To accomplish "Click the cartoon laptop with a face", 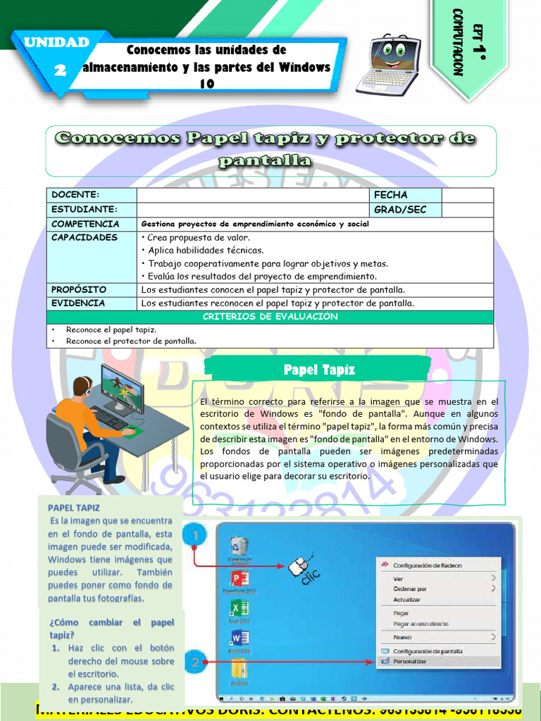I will [389, 64].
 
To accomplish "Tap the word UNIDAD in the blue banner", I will [56, 42].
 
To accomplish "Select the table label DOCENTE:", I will [75, 194].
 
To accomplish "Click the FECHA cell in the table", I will [390, 194].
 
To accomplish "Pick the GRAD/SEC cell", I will [399, 210].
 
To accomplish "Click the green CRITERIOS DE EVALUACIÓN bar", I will [270, 317].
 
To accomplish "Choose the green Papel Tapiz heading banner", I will [318, 370].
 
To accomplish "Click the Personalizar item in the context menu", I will [409, 662].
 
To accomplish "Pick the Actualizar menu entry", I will [406, 599].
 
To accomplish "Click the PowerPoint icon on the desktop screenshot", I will [239, 579].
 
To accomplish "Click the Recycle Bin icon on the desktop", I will [239, 547].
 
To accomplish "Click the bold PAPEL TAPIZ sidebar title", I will [74, 507].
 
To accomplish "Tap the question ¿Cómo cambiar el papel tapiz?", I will [111, 629].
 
